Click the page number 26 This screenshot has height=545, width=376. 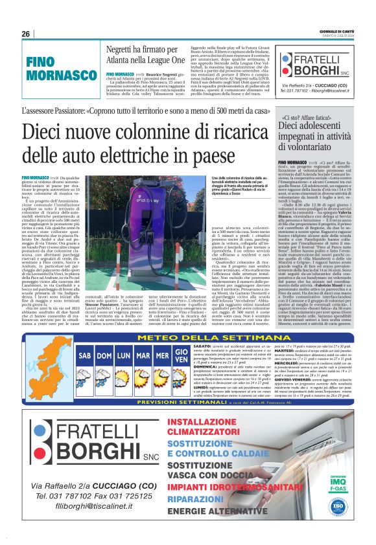pos(26,34)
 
